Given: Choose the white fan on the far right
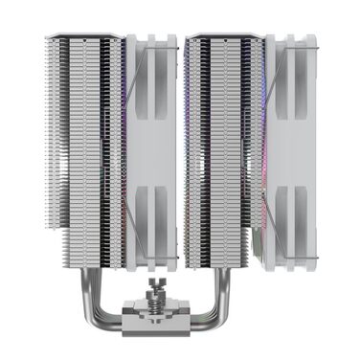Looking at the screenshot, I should point(291,144).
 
